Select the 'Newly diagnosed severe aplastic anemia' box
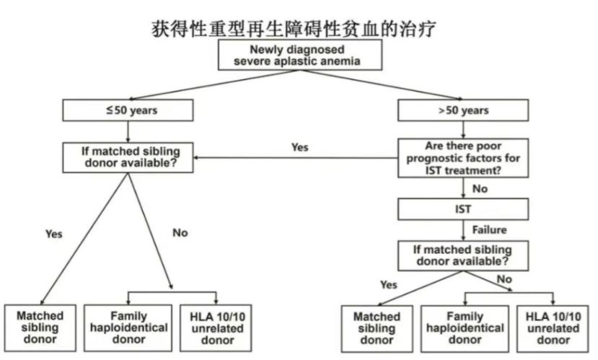pos(299,56)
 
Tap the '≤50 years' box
pos(128,110)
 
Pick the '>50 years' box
pos(463,110)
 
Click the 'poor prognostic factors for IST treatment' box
pos(463,159)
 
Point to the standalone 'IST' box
pos(463,209)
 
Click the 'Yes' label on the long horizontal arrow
pos(299,147)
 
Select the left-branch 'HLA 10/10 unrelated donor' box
pos(217,327)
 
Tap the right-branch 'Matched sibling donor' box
pos(377,328)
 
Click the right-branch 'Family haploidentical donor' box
pos(464,328)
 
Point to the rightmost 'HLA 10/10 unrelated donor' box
pos(553,328)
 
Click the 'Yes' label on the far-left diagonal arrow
pos(53,234)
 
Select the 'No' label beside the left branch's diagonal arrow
pos(180,232)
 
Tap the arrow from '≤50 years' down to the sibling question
pos(128,132)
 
